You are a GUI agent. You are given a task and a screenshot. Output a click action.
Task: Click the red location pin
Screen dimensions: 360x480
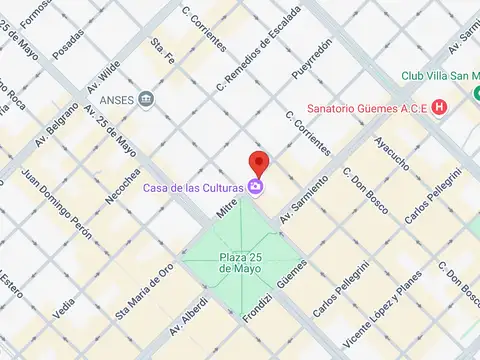(259, 162)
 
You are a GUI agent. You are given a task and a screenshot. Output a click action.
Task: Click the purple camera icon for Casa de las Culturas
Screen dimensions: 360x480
(256, 186)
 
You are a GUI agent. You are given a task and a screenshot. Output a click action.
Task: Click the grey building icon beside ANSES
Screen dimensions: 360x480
(146, 98)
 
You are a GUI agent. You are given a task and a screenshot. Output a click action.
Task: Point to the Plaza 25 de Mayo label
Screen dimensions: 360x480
(240, 264)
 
